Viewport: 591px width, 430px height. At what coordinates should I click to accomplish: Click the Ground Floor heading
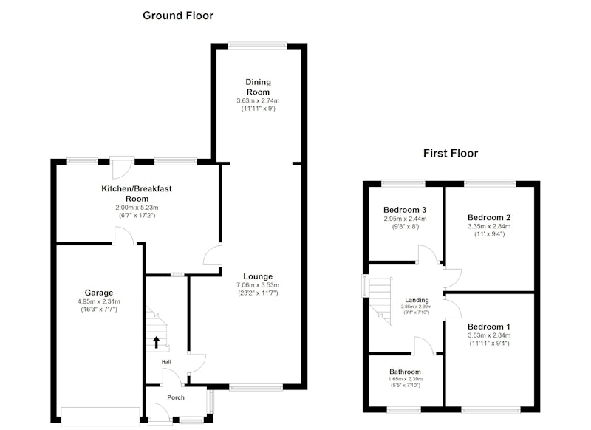coord(178,16)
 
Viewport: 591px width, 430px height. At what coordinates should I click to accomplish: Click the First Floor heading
coord(451,153)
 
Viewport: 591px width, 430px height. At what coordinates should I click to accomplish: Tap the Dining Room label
coord(258,86)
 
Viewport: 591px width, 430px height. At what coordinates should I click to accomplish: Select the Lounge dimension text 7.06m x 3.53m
coord(258,285)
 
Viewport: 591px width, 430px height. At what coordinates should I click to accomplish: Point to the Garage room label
coord(99,293)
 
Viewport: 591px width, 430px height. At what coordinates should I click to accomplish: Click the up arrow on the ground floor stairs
coord(156,342)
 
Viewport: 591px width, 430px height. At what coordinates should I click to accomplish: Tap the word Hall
coord(166,362)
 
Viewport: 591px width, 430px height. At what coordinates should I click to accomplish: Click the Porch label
coord(176,397)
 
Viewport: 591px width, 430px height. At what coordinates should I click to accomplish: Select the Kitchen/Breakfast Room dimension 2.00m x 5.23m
coord(137,208)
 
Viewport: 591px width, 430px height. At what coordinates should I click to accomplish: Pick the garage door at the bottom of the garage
coord(100,417)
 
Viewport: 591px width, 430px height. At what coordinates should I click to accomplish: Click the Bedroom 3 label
coord(405,210)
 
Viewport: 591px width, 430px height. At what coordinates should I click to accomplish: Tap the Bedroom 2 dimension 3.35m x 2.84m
coord(489,226)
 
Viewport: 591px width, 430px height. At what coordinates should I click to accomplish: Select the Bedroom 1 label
coord(489,327)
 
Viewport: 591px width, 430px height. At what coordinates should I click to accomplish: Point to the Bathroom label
coord(405,372)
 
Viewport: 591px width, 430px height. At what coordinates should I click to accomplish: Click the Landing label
coord(417,300)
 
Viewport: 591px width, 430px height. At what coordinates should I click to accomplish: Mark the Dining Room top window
coord(257,46)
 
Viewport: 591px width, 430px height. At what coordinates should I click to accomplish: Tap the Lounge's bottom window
coord(256,387)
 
